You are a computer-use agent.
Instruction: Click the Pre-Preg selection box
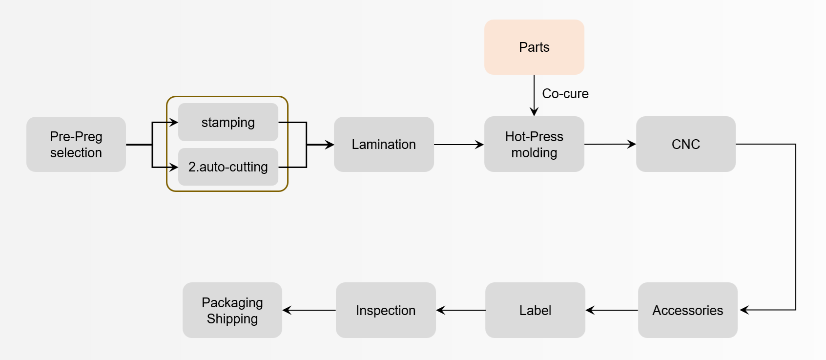click(x=76, y=144)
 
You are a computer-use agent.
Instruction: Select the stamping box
click(x=228, y=122)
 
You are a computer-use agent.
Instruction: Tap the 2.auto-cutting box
click(x=228, y=167)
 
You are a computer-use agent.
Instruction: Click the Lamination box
click(x=384, y=144)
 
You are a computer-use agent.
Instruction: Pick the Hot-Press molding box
click(x=534, y=144)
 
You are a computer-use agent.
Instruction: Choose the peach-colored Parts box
click(x=534, y=47)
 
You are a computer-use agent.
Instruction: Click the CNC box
click(x=685, y=144)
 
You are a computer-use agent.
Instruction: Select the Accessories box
click(x=687, y=310)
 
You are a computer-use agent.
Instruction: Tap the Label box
click(x=535, y=310)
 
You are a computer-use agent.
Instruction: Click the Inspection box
click(x=386, y=310)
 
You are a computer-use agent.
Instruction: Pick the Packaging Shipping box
click(x=232, y=310)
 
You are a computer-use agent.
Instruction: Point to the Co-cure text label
click(x=565, y=94)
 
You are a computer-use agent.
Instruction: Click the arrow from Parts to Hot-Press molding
click(x=534, y=95)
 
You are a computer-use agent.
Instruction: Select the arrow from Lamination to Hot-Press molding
click(x=458, y=145)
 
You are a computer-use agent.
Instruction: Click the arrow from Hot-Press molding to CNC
click(x=610, y=144)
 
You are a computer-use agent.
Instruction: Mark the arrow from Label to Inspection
click(x=461, y=310)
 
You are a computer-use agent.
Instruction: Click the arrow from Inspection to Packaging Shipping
click(x=309, y=310)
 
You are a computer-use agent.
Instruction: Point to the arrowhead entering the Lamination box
click(x=330, y=145)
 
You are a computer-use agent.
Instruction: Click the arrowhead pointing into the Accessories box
click(x=744, y=310)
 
